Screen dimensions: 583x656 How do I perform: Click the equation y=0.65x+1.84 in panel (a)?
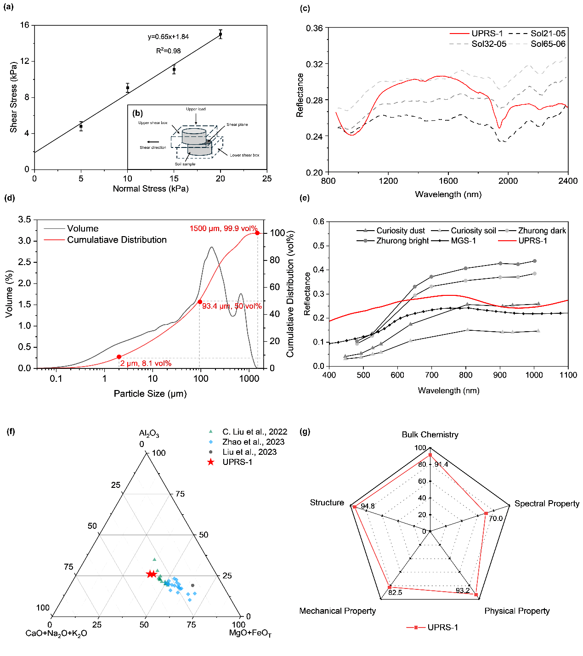(x=168, y=37)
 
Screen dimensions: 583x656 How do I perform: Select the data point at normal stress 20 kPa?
(x=220, y=34)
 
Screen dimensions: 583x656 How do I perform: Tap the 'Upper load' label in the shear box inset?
(x=196, y=109)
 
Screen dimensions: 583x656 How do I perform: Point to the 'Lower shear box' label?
(x=244, y=155)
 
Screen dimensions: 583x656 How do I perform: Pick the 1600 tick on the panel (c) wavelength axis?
(x=448, y=181)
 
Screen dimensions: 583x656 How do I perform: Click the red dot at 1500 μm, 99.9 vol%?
(x=257, y=233)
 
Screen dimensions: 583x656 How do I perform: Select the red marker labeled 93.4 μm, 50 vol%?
(x=200, y=302)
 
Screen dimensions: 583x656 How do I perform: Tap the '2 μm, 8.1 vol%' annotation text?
(x=146, y=363)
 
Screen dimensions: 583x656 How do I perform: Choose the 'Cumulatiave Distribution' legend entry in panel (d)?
(x=105, y=240)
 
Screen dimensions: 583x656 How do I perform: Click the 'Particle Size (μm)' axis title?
(x=150, y=393)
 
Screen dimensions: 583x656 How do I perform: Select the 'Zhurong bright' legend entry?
(x=392, y=241)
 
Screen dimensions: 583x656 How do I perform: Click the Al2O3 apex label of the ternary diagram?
(x=149, y=433)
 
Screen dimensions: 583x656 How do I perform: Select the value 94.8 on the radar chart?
(x=368, y=506)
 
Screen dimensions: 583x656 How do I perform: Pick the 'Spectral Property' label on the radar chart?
(x=547, y=503)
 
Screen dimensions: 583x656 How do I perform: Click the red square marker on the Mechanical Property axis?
(x=390, y=587)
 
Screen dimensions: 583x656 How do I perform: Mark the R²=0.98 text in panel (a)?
(x=169, y=51)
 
